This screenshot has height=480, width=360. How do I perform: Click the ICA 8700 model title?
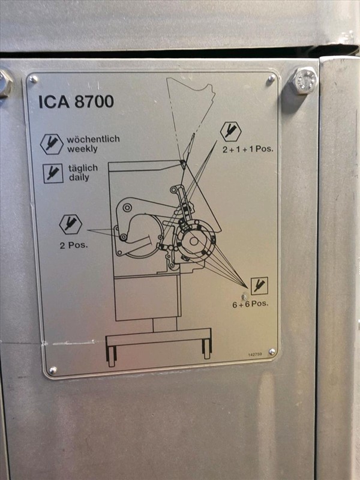coord(76,101)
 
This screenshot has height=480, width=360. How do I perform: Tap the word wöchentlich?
coord(93,139)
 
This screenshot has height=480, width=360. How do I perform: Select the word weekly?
coord(82,149)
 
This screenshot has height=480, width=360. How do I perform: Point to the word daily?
coord(79,178)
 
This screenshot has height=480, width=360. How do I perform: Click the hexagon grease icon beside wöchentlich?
coord(52,144)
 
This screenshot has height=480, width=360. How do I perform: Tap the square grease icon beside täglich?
coord(53,173)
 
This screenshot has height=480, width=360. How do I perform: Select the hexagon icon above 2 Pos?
coord(70,224)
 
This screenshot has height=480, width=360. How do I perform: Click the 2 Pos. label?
coord(73,245)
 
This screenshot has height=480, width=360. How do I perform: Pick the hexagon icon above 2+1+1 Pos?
coord(231,131)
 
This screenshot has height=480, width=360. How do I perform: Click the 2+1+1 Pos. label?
coord(248,149)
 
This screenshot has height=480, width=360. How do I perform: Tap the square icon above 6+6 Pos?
coord(259,286)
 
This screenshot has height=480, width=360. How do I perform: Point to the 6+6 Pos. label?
coord(250,304)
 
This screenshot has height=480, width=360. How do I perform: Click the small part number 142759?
coord(254,354)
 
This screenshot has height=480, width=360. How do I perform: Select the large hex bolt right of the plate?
coord(303,81)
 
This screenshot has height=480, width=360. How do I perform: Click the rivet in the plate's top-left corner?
coord(32,79)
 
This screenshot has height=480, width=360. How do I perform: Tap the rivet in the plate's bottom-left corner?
coord(53,370)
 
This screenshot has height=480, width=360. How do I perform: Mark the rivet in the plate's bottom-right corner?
coord(272,352)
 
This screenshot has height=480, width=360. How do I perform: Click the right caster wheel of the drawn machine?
coord(206,349)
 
